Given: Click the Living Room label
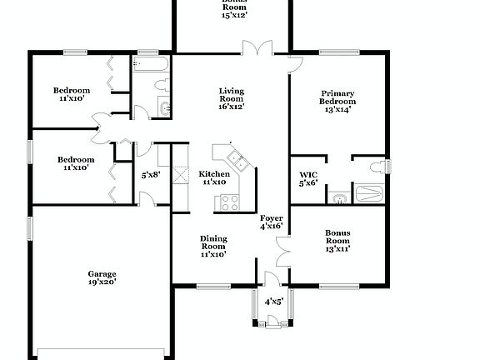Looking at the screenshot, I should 232,98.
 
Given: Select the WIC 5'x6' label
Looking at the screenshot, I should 308,179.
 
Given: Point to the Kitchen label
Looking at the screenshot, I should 214,177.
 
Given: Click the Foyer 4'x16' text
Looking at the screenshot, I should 271,221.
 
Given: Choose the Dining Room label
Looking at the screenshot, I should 213,247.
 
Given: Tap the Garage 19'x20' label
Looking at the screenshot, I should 102,277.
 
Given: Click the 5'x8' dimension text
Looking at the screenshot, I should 151,175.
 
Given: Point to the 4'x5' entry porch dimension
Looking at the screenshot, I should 274,302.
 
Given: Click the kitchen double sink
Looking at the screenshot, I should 236,160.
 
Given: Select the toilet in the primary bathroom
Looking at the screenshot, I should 377,167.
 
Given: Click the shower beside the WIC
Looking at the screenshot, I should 369,194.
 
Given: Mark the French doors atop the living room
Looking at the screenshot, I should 257,48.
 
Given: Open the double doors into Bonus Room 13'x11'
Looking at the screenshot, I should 282,247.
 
